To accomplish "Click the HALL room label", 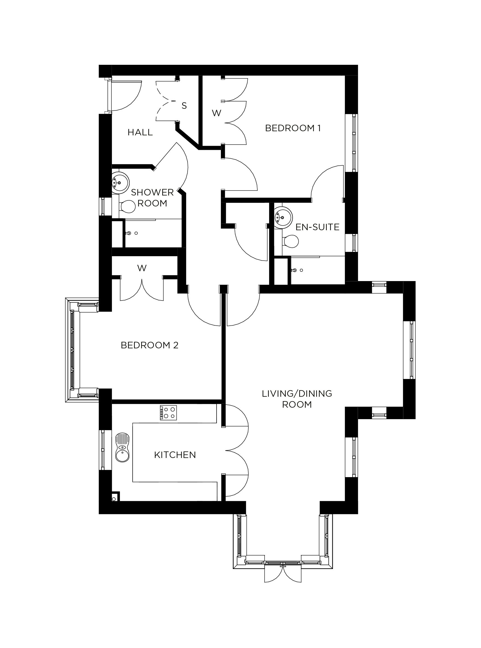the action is click(x=140, y=132).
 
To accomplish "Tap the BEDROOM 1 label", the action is click(x=293, y=128).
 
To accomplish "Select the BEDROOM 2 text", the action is click(x=149, y=345).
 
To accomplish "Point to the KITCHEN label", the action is click(x=175, y=455).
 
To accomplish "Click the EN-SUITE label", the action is click(x=317, y=227).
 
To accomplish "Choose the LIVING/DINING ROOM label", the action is click(x=297, y=399).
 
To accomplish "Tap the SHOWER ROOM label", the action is click(x=152, y=198).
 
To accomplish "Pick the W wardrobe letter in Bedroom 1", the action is click(x=216, y=113).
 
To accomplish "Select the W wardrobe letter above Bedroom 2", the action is click(x=142, y=268).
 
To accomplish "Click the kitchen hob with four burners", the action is click(x=168, y=413).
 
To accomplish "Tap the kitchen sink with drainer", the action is click(x=122, y=447).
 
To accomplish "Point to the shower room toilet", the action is click(x=127, y=207).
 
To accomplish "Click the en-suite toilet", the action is click(x=290, y=241).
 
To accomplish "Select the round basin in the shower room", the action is click(x=120, y=183).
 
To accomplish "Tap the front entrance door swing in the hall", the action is click(x=125, y=96).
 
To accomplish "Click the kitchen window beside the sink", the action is click(x=103, y=450).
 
